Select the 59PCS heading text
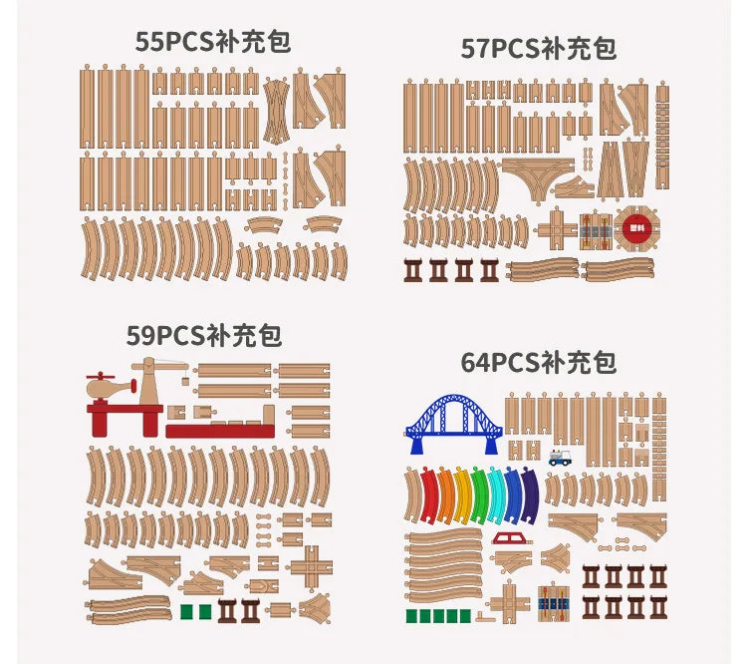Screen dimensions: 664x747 203,335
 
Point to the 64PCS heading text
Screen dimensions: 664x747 538,361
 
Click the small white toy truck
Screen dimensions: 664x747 561,457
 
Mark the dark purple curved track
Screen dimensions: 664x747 529,496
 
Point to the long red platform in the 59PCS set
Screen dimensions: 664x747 218,431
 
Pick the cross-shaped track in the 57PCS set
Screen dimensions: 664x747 561,228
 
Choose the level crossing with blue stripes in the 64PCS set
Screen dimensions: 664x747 552,602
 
